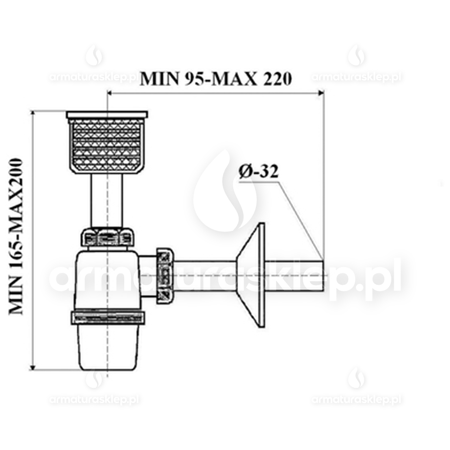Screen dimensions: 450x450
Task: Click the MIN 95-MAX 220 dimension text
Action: (x=216, y=79)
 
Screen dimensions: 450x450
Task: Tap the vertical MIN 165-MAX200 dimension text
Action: (x=17, y=236)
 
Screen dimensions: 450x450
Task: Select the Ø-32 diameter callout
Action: (x=259, y=172)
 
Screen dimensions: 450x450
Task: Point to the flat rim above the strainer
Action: (x=107, y=114)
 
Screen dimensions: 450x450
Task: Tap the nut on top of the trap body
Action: (x=107, y=237)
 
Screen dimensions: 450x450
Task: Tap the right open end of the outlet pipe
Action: (x=323, y=276)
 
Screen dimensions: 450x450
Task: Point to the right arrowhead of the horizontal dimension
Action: (x=321, y=92)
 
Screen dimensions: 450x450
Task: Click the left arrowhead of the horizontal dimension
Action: (x=110, y=92)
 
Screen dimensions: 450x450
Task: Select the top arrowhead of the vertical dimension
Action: (x=33, y=114)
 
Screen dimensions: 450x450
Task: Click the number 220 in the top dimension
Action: (x=276, y=79)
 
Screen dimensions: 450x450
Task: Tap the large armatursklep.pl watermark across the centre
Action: (x=225, y=279)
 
